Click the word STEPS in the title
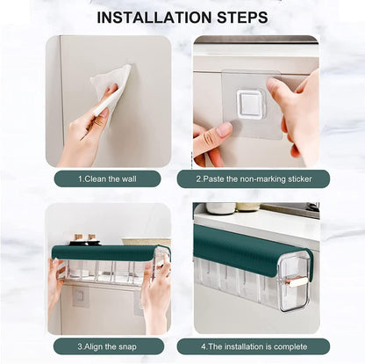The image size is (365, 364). click(x=240, y=17)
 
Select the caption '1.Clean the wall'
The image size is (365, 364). click(x=107, y=178)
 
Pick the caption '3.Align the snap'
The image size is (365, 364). click(x=107, y=346)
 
